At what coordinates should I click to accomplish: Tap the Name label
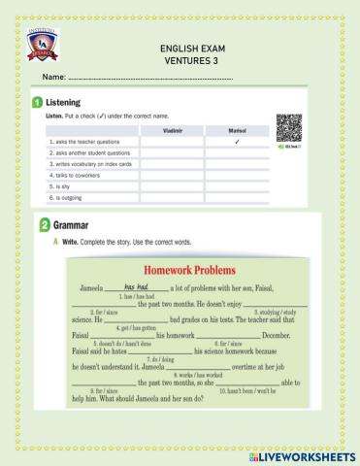(x=52, y=76)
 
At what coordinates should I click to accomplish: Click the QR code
(x=288, y=126)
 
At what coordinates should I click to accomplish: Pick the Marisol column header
(x=237, y=129)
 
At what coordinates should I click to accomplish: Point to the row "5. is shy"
(x=59, y=183)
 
